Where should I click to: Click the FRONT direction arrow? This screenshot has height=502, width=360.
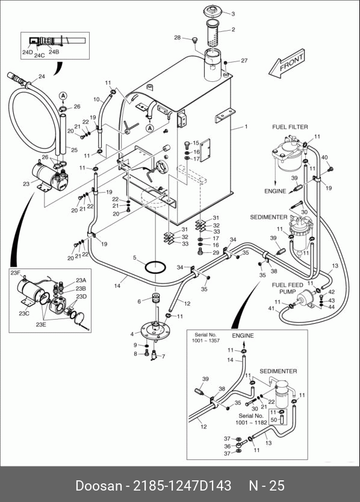287,64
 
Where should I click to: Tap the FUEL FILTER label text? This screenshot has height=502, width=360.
290,127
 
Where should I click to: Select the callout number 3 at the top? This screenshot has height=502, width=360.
233,14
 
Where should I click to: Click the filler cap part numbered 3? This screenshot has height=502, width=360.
212,11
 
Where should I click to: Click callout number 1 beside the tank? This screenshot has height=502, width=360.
246,127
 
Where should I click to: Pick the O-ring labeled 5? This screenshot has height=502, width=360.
155,267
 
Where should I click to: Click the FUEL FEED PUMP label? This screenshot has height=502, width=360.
287,288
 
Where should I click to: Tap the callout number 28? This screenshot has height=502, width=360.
178,38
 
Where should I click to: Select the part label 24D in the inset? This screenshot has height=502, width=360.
28,52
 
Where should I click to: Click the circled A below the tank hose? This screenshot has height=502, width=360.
149,128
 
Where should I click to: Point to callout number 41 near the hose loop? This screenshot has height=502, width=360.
272,308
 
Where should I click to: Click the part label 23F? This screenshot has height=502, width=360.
16,273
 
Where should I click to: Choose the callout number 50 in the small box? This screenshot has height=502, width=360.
274,420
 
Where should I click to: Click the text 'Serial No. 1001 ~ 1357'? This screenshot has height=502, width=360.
206,338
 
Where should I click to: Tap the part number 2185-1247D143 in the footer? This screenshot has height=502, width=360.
182,485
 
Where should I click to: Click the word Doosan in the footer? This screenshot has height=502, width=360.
99,485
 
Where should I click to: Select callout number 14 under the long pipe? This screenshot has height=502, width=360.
117,285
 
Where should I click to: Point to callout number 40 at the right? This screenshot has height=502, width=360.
324,158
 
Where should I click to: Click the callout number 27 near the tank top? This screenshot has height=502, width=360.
244,60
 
